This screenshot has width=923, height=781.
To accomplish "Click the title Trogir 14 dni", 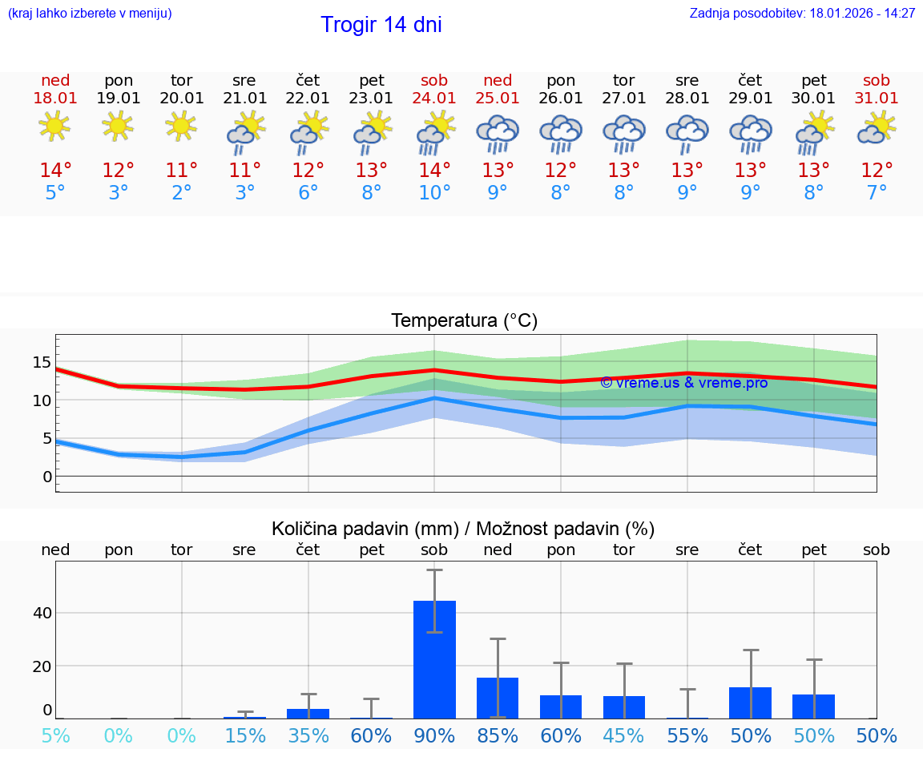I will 381,25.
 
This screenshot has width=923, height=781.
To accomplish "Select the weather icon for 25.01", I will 498,134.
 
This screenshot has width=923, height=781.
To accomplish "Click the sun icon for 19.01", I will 119,126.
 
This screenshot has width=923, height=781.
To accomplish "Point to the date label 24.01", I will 434,99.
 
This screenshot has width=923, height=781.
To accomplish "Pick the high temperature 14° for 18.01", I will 55,171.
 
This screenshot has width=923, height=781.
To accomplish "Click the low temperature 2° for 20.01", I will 182,193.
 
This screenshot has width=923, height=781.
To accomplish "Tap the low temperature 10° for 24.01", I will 434,193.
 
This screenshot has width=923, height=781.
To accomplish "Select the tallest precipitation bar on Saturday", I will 434,659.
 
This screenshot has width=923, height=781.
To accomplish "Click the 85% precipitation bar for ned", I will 498,698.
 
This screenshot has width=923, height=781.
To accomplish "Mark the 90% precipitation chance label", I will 434,736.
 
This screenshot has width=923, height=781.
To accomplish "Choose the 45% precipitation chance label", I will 624,736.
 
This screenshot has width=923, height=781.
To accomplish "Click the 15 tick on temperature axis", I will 42,362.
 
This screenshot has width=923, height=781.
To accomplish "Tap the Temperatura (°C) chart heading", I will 464,321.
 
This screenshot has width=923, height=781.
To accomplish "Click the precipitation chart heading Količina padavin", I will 463,529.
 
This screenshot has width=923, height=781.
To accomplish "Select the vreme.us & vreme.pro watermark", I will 684,383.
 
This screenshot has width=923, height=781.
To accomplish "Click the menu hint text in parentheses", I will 90,14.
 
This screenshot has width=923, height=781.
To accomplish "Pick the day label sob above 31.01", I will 877,81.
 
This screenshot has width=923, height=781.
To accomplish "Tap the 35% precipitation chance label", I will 308,736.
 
